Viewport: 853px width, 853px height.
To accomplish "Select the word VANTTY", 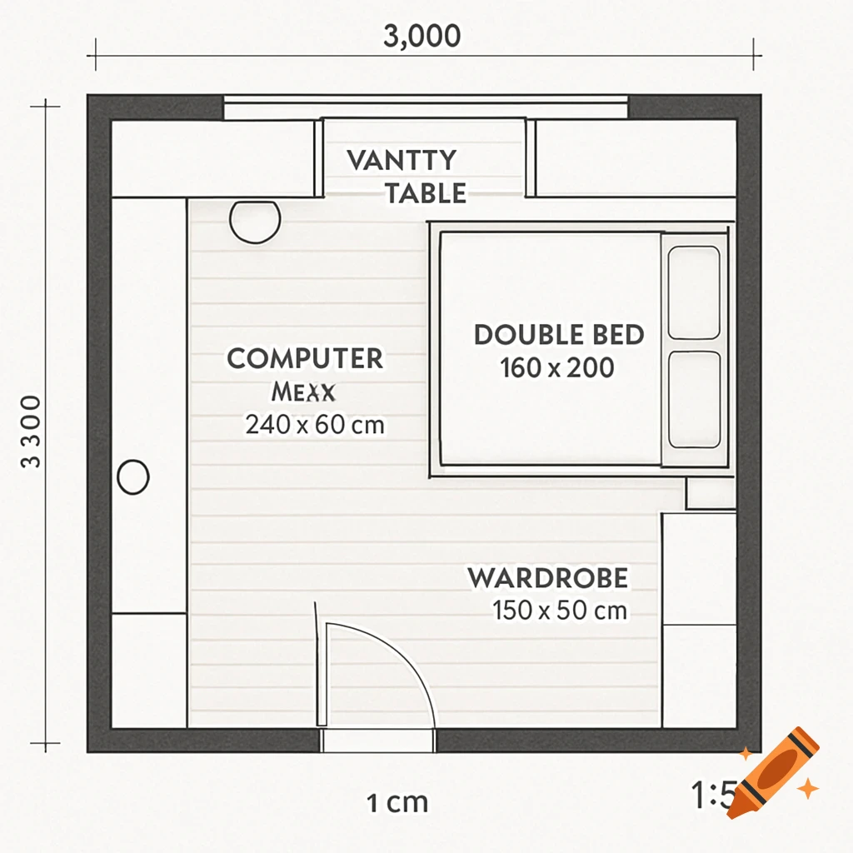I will (402, 160).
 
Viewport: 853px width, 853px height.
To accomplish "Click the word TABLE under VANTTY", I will (425, 194).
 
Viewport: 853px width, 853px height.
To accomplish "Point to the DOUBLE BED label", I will (559, 335).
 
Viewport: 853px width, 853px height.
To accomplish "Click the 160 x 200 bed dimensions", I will (557, 367).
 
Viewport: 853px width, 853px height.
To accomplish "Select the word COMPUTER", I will (305, 359).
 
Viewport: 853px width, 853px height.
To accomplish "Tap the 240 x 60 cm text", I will (315, 425).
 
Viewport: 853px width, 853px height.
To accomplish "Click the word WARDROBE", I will (547, 577).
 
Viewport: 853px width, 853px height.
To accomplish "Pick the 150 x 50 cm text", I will (560, 611).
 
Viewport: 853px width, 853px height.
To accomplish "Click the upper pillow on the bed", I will (694, 292).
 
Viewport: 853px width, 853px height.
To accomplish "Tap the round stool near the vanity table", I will (253, 221).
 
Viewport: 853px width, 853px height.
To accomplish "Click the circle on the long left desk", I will (133, 478).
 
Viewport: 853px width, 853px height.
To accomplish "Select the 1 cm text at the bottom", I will (397, 803).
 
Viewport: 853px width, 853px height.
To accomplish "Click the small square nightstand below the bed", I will (710, 493).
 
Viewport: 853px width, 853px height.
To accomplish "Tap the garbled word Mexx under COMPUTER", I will (302, 392).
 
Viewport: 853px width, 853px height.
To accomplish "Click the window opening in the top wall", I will (426, 107).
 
